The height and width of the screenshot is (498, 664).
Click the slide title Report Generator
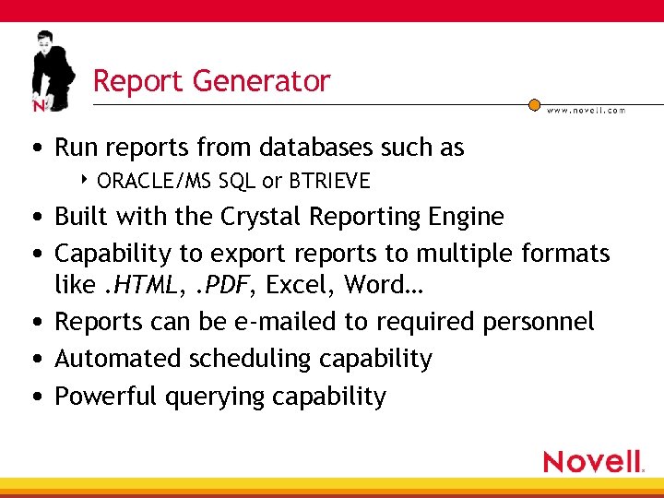211,81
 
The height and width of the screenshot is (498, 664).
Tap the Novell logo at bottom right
593,461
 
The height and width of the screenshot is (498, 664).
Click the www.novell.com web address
586,110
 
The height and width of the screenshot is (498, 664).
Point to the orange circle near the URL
534,105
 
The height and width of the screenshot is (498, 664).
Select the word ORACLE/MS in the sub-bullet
155,180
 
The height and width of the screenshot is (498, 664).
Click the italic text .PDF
219,286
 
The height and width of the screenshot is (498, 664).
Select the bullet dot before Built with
34,218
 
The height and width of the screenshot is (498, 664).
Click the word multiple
465,252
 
